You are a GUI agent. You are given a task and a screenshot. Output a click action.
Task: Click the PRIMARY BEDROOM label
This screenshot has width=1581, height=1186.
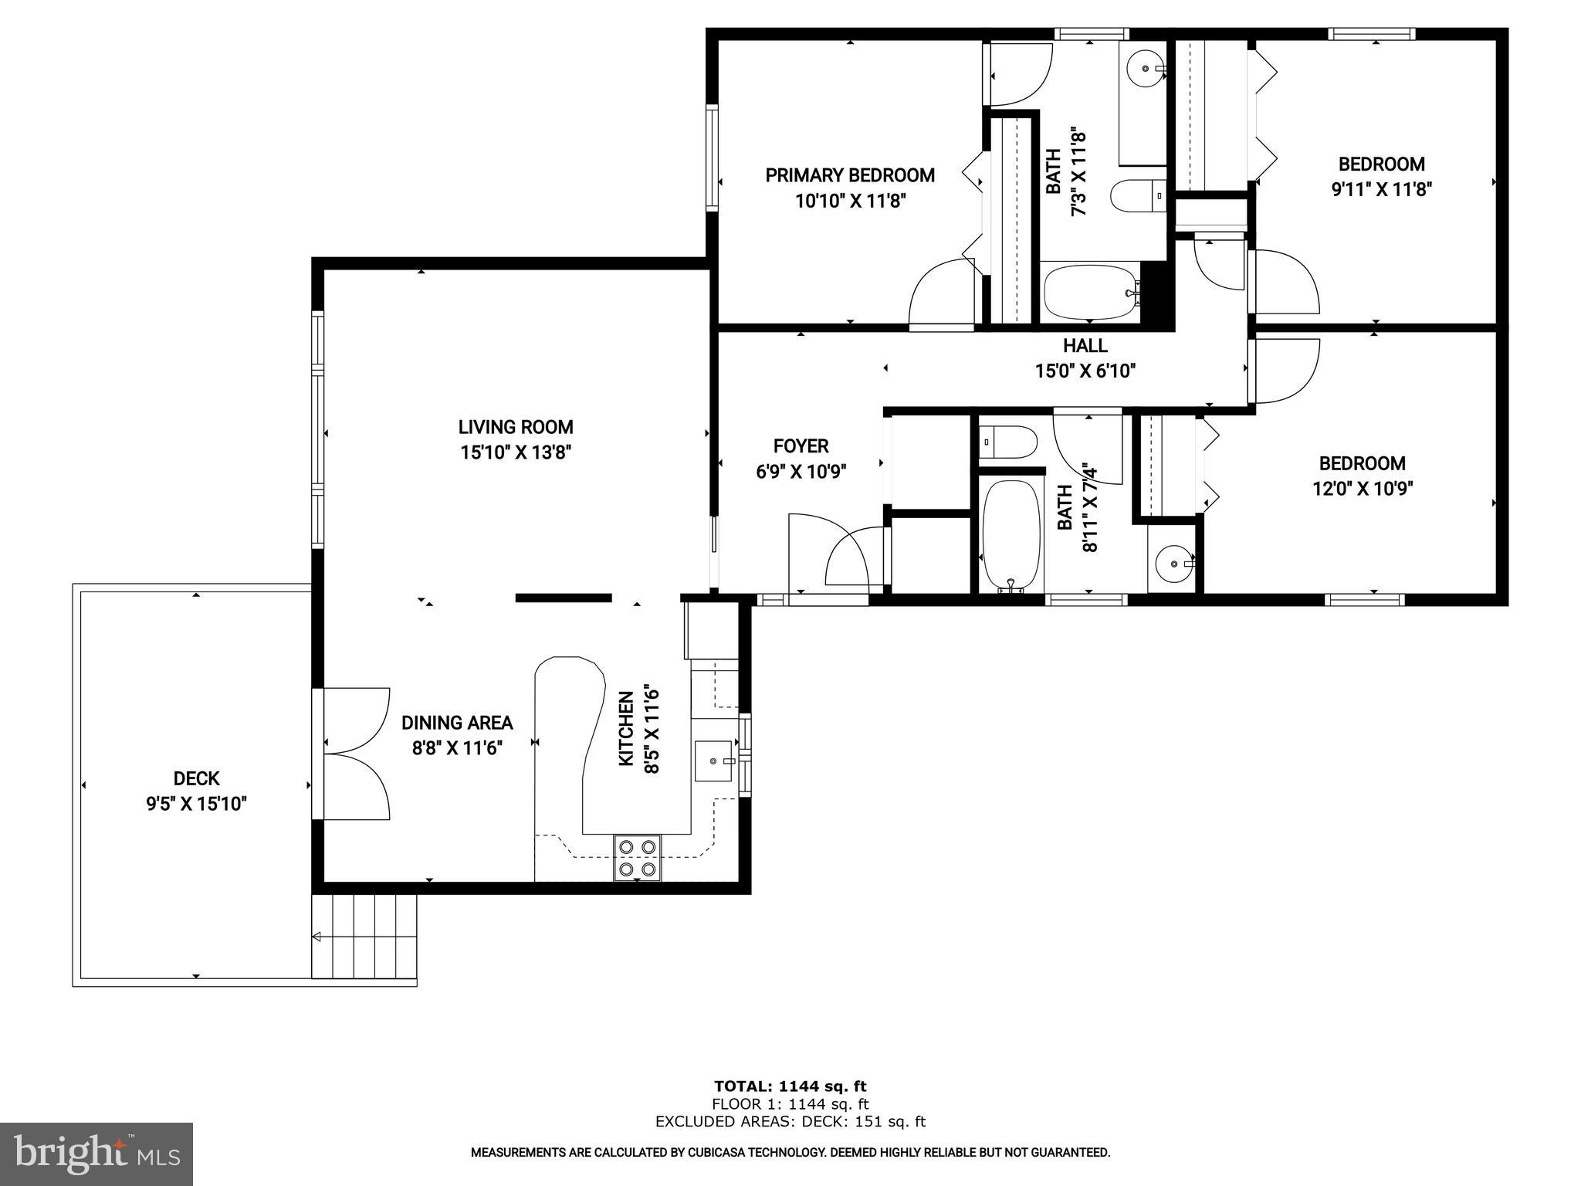coord(849,175)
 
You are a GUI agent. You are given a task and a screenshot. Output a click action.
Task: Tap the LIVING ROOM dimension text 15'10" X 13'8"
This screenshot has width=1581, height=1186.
coord(516,452)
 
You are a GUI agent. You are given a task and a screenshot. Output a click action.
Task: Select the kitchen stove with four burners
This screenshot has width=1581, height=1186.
coord(638,858)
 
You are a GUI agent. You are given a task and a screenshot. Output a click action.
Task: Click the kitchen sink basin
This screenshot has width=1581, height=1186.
coord(713,761)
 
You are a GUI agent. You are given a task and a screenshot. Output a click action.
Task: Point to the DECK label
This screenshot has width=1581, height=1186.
coord(196,778)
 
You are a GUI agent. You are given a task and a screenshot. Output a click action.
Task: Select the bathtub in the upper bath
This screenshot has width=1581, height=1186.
coord(1088,292)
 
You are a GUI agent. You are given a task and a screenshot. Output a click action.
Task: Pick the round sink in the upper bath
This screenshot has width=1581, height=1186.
coord(1144,68)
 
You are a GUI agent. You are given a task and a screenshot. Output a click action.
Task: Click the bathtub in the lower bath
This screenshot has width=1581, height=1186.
coord(1011,534)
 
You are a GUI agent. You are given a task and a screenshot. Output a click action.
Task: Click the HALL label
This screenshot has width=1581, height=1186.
coord(1085,346)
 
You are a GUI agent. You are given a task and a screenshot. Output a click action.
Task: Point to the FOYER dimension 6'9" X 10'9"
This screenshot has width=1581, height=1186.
coord(801,471)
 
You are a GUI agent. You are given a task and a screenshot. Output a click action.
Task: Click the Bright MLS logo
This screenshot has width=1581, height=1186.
coord(96,1154)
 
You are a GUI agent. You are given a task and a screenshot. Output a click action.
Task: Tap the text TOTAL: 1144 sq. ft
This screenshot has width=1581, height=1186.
coord(790,1086)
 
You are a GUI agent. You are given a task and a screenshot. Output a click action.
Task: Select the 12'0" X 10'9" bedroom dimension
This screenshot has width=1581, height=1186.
coord(1362,489)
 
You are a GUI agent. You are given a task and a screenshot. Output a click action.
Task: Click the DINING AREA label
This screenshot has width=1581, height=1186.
coord(457,723)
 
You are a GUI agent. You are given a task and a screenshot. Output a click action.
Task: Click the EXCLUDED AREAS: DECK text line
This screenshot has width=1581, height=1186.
coord(790,1122)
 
